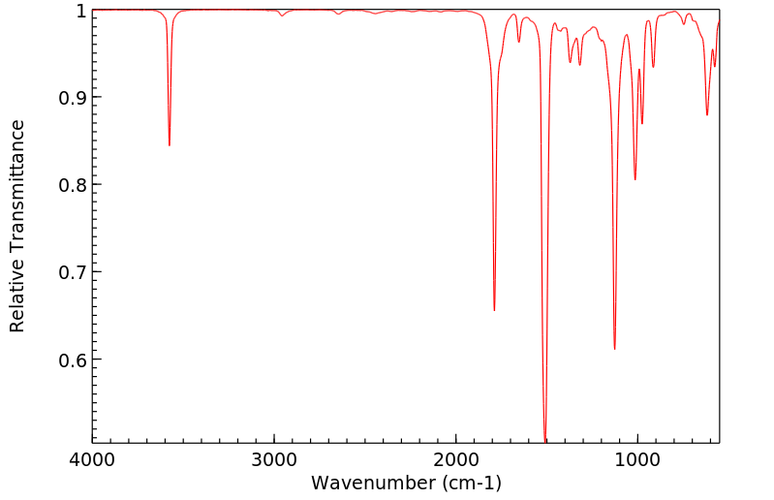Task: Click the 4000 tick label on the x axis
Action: pos(92,459)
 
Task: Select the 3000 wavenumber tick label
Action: pos(274,459)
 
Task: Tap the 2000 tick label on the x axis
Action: pos(455,459)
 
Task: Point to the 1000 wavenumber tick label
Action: pos(637,459)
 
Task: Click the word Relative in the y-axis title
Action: pos(17,291)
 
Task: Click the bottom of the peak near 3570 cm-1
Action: pos(170,145)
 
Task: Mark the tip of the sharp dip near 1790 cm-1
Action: pos(494,310)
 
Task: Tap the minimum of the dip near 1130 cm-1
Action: pos(614,349)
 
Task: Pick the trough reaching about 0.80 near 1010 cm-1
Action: pos(635,179)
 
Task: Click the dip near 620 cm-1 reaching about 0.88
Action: pos(707,114)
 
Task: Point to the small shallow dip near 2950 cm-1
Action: pos(282,16)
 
